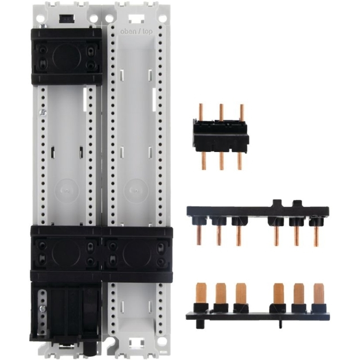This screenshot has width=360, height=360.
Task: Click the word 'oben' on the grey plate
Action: [128, 31]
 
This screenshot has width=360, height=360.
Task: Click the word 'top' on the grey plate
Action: [147, 31]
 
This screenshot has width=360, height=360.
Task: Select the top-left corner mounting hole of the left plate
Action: [40, 18]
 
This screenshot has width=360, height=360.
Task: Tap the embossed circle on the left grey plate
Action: [66, 190]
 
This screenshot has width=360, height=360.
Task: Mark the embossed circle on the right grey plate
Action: [136, 190]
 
